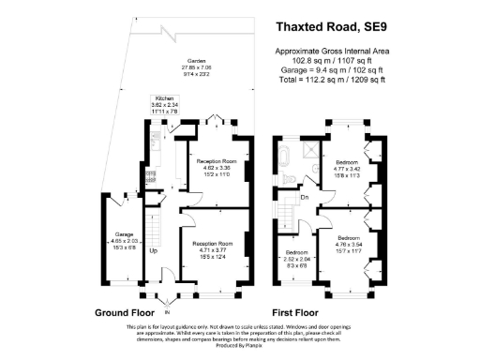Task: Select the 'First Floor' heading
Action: tap(287, 311)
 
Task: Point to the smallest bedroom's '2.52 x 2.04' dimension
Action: tap(296, 260)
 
